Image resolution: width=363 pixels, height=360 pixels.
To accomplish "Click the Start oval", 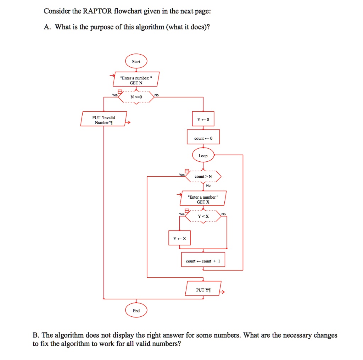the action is click(136, 61).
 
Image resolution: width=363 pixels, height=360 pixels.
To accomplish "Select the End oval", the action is click(136, 310).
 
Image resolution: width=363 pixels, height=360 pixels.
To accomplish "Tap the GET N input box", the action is click(136, 79).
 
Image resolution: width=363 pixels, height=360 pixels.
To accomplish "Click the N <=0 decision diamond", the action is click(136, 97).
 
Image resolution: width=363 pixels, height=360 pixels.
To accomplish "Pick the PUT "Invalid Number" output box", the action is click(104, 119).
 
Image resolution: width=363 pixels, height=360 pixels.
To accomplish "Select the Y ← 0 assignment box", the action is click(203, 119).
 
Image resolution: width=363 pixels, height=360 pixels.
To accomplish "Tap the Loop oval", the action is click(203, 155).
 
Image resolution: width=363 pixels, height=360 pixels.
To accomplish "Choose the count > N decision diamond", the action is click(203, 177).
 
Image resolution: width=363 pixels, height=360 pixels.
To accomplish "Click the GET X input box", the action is click(203, 198).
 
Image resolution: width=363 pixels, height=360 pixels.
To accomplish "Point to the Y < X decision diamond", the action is click(203, 216).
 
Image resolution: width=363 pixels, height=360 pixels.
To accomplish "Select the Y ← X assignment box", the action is click(179, 238).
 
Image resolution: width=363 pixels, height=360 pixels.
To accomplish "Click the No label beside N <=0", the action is click(156, 95).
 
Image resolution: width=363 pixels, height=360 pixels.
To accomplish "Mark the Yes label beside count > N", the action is click(182, 175).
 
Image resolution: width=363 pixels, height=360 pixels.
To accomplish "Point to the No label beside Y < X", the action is click(223, 214).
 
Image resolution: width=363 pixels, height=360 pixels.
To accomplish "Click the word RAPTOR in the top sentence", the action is click(97, 11).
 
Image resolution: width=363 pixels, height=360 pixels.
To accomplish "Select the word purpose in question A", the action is click(102, 27).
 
